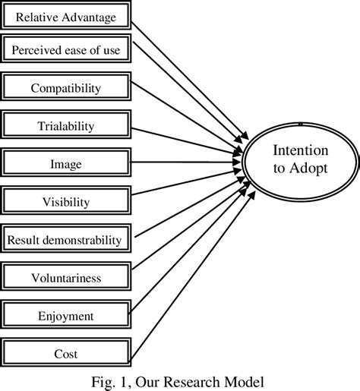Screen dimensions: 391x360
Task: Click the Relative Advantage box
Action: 65,16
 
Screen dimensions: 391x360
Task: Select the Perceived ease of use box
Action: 65,51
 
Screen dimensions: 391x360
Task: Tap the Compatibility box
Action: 65,88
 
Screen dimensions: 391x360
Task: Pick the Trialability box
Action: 65,125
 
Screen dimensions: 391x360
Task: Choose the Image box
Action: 65,163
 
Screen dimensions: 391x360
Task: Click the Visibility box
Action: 65,202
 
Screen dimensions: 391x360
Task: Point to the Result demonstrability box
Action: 65,240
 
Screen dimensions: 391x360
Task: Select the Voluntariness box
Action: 65,278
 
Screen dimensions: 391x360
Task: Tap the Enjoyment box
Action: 65,315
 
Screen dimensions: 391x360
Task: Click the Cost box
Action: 65,353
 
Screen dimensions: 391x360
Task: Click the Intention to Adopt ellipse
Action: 301,160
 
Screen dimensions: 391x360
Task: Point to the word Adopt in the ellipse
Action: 311,169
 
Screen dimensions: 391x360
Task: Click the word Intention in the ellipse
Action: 301,151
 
